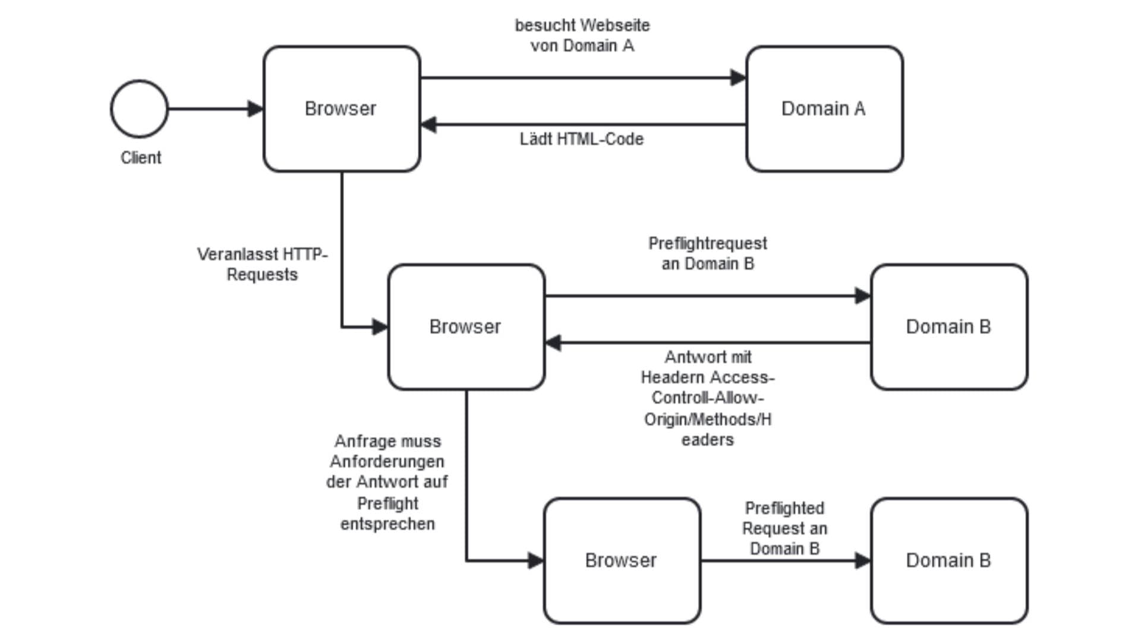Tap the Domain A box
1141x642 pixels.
(824, 109)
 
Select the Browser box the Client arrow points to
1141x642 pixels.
(342, 109)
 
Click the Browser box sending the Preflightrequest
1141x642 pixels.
(467, 327)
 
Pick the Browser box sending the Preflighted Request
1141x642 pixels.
(622, 561)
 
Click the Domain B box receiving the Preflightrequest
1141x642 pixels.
(949, 327)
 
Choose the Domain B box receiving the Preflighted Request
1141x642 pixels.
(949, 561)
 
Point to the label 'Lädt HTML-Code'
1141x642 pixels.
(581, 139)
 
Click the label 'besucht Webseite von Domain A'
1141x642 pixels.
(582, 35)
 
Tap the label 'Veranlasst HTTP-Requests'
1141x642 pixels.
(262, 265)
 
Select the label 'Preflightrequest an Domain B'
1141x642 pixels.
(707, 253)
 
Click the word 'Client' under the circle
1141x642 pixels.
(141, 158)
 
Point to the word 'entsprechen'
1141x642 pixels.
(387, 524)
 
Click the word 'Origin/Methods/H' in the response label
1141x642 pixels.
(708, 419)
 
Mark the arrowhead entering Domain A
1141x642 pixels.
(738, 77)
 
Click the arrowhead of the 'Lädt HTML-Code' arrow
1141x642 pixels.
(428, 125)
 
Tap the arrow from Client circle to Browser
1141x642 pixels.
(216, 109)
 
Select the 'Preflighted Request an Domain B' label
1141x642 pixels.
(784, 528)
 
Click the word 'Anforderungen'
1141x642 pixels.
(387, 461)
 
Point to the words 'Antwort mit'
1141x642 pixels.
(708, 357)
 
